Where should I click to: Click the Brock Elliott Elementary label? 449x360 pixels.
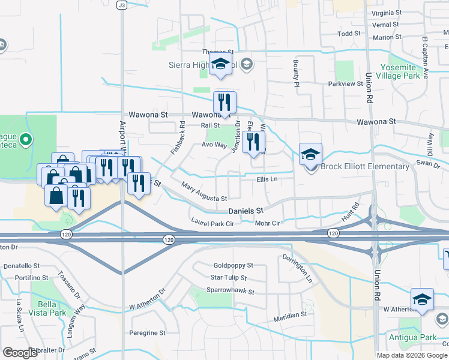[365, 167]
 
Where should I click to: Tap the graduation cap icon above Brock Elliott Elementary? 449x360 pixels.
[310, 154]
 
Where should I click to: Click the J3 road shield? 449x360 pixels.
[122, 5]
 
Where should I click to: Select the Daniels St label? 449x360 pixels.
[246, 211]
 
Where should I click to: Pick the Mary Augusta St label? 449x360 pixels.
[204, 193]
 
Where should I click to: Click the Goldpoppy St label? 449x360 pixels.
[234, 265]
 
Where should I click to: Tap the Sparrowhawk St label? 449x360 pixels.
[232, 292]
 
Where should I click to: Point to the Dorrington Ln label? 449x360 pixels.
[298, 269]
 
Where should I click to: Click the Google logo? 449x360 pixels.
[20, 353]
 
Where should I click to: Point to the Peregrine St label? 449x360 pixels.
[147, 332]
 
